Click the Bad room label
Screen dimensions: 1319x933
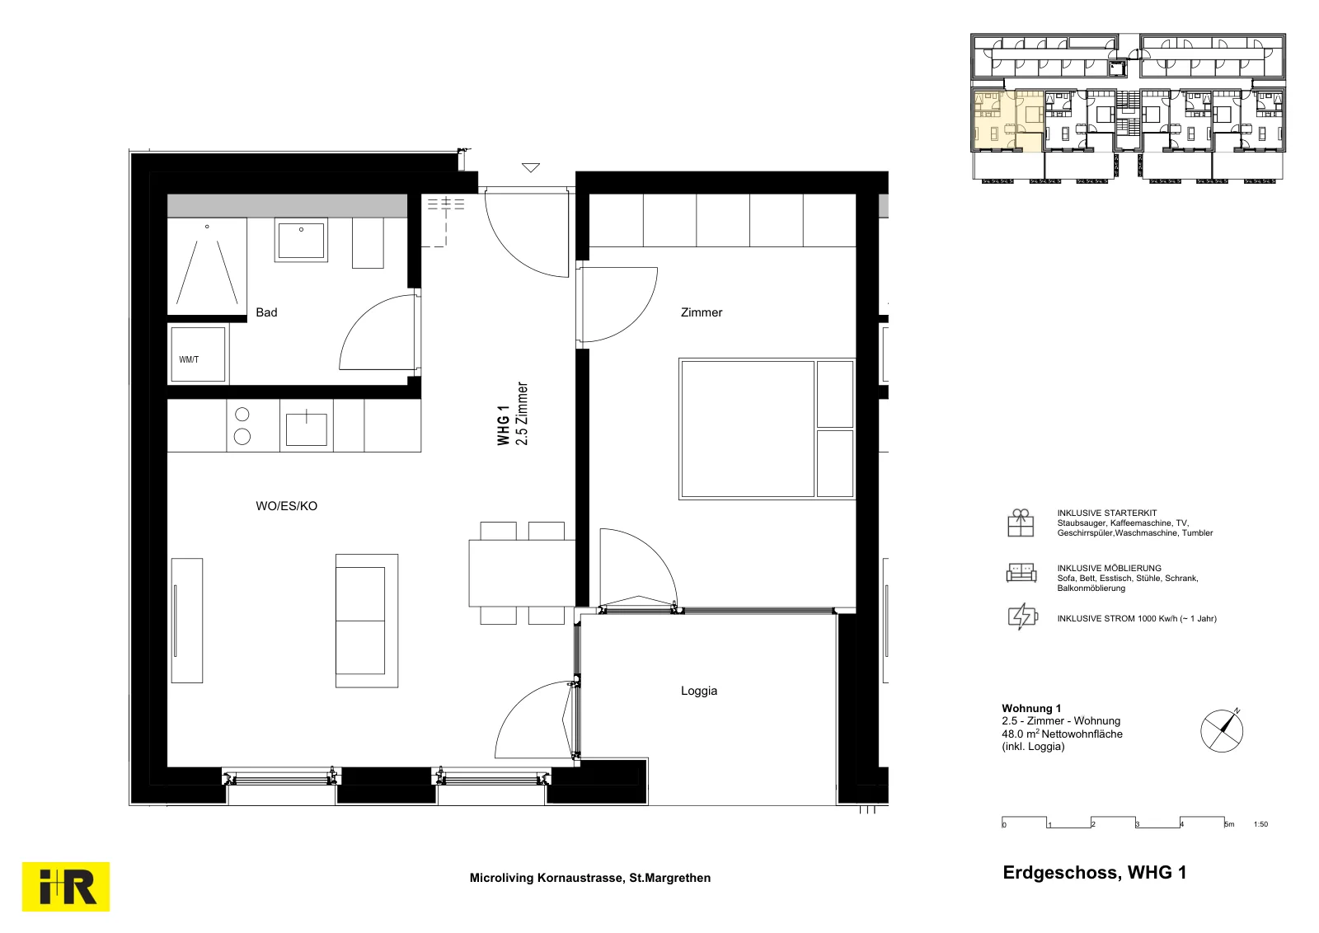tap(266, 312)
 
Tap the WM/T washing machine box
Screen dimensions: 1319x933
tap(198, 354)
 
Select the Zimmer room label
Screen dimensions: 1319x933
tap(702, 312)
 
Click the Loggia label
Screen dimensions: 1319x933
tap(699, 691)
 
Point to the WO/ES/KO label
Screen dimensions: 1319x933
tap(286, 506)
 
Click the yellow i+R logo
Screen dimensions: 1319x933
tap(66, 887)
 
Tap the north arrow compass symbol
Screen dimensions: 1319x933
tap(1222, 730)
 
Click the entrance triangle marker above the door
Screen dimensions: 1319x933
tap(531, 168)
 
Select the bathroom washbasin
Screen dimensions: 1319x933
tap(301, 240)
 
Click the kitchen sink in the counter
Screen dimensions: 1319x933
tap(306, 429)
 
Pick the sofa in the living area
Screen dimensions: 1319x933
tap(367, 621)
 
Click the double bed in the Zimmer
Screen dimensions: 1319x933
tap(767, 429)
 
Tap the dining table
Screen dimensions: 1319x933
tap(522, 574)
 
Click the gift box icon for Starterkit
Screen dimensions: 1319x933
tap(1021, 523)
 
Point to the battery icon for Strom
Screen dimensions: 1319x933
tap(1023, 617)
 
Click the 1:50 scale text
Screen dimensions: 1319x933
tap(1260, 824)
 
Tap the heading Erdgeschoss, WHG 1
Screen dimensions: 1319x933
tap(1095, 872)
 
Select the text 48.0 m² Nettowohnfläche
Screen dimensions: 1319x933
tap(1063, 734)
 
